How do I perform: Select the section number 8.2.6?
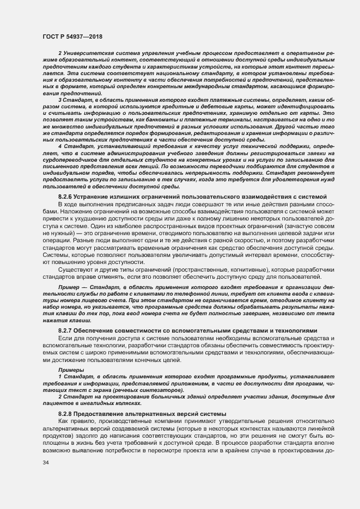[66, 197]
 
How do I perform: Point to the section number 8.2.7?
[66, 331]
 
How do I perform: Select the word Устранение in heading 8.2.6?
[96, 197]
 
